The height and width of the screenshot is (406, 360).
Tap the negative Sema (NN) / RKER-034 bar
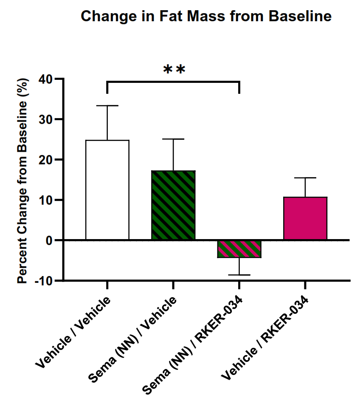pyautogui.click(x=239, y=249)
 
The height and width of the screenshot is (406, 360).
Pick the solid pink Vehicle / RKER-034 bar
pyautogui.click(x=305, y=218)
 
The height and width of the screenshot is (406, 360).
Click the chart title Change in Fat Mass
pyautogui.click(x=206, y=17)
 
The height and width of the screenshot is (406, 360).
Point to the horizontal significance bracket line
pyautogui.click(x=173, y=82)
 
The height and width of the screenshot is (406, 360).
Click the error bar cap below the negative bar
pyautogui.click(x=239, y=275)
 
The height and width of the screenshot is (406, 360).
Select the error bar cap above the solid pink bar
pyautogui.click(x=305, y=178)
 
